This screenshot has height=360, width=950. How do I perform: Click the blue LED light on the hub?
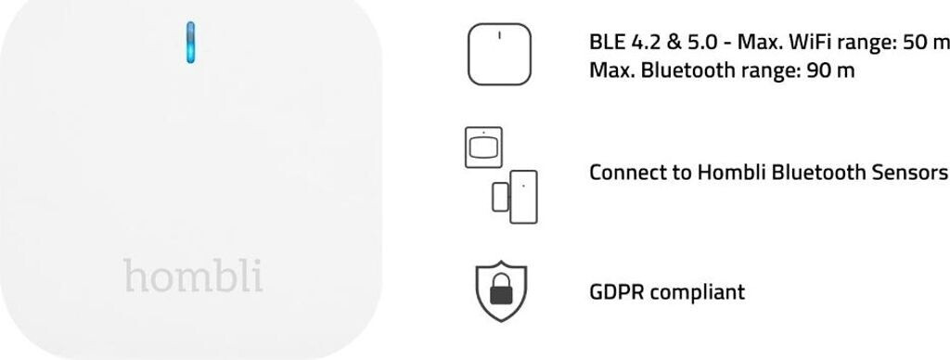coord(191,43)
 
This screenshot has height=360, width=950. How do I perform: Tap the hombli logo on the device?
coord(193,276)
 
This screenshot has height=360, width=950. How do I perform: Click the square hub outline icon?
coord(499,54)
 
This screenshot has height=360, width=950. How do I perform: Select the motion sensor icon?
coord(483,148)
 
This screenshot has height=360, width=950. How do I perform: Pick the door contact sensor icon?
coord(514,197)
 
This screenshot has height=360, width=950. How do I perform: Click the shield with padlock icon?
coord(501,291)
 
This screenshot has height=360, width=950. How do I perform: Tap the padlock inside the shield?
coord(501,289)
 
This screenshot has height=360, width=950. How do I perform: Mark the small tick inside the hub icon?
coord(499,35)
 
